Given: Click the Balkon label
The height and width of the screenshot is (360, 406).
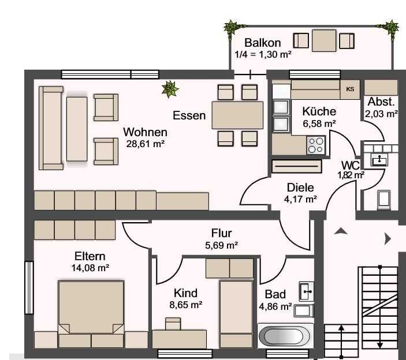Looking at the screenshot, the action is point(263,43).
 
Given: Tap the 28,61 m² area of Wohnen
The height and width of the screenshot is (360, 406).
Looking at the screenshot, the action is point(146,144).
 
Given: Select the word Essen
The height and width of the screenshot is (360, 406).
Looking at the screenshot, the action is point(189,115).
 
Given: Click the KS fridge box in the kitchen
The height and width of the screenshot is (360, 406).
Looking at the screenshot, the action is point(350,89).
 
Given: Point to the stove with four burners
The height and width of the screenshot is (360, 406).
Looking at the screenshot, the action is point(316,145).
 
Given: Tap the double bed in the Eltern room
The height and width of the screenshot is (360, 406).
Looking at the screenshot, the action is point(91,314).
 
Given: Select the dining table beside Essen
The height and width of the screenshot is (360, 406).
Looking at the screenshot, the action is point(237,115).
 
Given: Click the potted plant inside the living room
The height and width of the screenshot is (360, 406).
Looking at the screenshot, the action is point(170,89).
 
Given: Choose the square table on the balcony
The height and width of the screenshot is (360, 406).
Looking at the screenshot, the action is point(324,40).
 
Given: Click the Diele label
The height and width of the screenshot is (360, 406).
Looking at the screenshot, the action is point(300,187).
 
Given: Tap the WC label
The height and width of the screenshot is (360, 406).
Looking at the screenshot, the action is point(351,165).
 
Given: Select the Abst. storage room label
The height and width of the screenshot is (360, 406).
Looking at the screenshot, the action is point(381,102).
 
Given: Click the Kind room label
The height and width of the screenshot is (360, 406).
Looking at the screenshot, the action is point(185,293).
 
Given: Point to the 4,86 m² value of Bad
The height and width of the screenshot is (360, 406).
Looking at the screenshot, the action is point(275,307).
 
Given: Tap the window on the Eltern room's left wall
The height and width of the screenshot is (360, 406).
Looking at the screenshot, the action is point(29,287).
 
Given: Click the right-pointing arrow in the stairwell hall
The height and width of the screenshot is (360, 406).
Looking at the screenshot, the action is point(388,239).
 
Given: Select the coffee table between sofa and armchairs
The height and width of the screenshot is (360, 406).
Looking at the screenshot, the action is point(77,129).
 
